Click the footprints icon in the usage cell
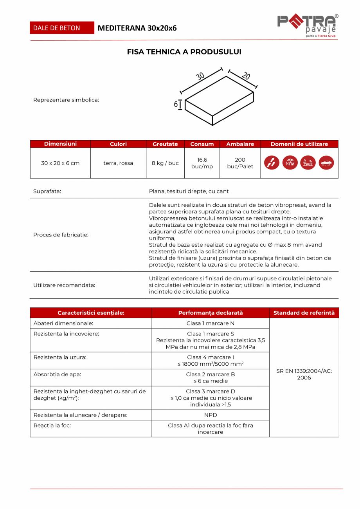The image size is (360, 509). pyautogui.click(x=272, y=163)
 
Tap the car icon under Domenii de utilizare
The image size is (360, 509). pyautogui.click(x=326, y=163)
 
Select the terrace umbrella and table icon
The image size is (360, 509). pyautogui.click(x=290, y=163)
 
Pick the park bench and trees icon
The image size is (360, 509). pyautogui.click(x=308, y=163)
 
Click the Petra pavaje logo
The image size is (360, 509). pyautogui.click(x=308, y=26)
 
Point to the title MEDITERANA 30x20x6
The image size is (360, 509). pyautogui.click(x=137, y=28)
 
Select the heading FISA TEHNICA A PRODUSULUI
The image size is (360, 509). pyautogui.click(x=184, y=52)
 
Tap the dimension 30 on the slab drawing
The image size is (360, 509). pyautogui.click(x=200, y=76)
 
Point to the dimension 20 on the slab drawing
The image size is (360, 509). pyautogui.click(x=245, y=76)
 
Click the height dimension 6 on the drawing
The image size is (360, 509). pyautogui.click(x=176, y=104)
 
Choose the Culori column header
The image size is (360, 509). pyautogui.click(x=118, y=144)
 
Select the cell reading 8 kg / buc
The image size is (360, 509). pyautogui.click(x=165, y=163)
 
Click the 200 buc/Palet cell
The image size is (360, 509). pyautogui.click(x=240, y=163)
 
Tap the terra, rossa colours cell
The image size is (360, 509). pyautogui.click(x=118, y=163)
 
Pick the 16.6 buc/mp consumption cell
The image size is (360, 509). pyautogui.click(x=202, y=163)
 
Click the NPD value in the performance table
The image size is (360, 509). pyautogui.click(x=211, y=415)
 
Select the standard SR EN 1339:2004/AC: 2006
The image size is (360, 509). pyautogui.click(x=304, y=374)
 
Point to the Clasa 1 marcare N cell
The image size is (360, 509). pyautogui.click(x=211, y=323)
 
